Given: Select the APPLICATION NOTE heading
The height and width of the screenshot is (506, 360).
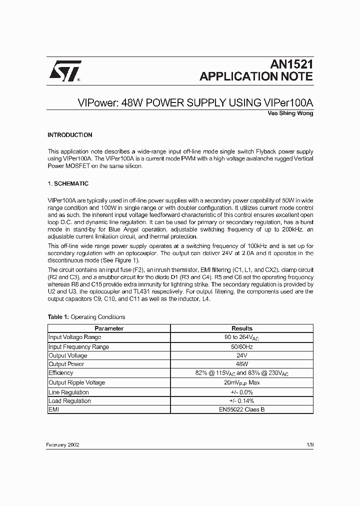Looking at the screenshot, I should [x=256, y=76].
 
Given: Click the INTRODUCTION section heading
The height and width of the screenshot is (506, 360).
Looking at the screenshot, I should [x=70, y=135].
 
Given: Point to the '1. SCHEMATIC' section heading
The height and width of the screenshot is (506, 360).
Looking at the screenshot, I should [x=68, y=184].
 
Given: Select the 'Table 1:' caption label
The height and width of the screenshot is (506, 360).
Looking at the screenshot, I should [x=58, y=317].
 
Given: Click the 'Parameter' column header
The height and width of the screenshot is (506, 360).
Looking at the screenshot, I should [x=109, y=328].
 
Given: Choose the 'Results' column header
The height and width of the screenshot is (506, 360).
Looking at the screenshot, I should [x=242, y=328].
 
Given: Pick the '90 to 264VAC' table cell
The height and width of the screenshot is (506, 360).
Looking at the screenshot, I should [x=242, y=337].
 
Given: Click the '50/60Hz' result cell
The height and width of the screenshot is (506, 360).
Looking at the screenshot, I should [x=242, y=346].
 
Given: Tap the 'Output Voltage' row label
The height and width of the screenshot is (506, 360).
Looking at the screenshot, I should [x=68, y=355].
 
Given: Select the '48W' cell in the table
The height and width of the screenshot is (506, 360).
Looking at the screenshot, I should [x=242, y=364].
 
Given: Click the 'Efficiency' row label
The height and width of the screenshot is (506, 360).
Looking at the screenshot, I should [x=61, y=373].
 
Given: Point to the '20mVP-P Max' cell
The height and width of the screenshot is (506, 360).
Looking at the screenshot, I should [x=242, y=382].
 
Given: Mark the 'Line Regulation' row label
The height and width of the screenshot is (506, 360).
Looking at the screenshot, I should [x=69, y=392].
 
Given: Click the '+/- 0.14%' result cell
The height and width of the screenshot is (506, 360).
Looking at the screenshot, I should [x=242, y=401].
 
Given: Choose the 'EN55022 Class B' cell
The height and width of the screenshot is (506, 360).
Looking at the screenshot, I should [x=242, y=410].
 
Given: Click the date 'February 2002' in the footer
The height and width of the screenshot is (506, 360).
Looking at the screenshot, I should [x=63, y=444].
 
